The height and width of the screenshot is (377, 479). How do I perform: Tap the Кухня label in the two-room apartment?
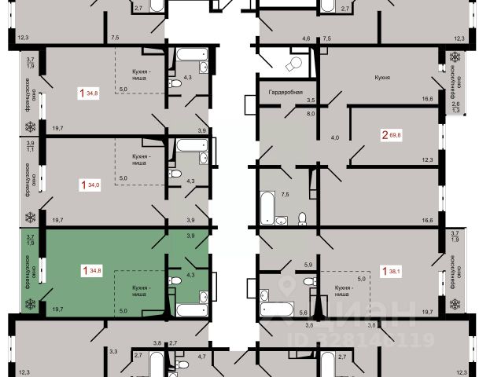pos(383,78)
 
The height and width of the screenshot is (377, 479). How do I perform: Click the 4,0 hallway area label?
pos(334,137)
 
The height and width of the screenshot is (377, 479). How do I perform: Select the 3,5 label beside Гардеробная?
pos(311,101)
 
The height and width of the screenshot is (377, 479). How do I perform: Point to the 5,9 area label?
pos(309,264)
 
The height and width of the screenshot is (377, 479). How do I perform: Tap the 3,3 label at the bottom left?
pos(113,352)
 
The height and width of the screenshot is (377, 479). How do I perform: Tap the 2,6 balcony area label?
pos(455,104)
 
